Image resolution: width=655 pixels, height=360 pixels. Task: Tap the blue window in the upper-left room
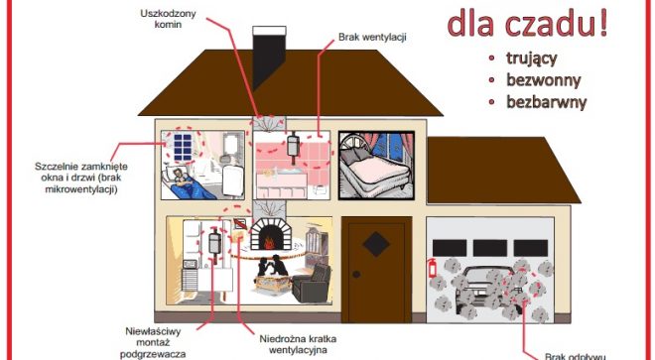click(x=186, y=148)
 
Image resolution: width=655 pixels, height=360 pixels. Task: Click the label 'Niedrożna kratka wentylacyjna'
click(x=289, y=342)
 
